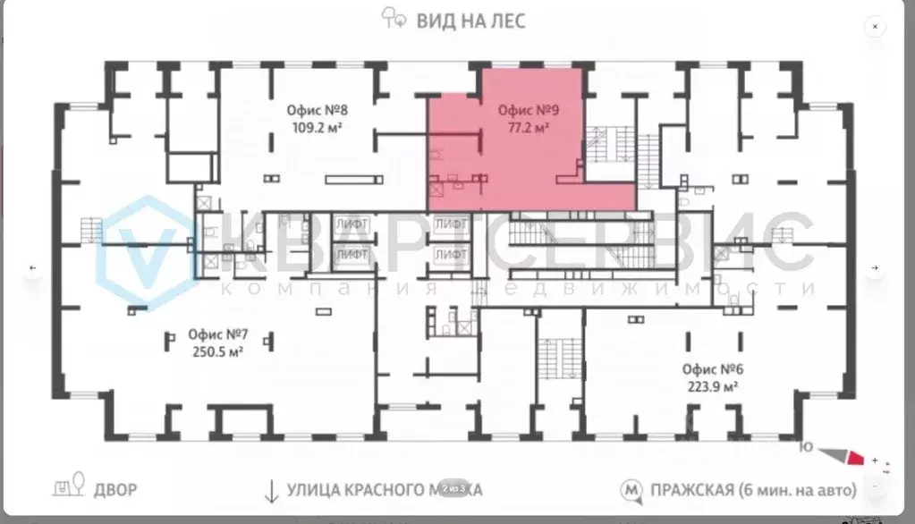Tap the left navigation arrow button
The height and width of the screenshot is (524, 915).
click(x=33, y=267)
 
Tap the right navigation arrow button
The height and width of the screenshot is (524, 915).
click(x=875, y=267)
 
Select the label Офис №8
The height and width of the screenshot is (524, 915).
click(x=317, y=112)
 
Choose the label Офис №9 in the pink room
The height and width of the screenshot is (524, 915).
click(x=528, y=112)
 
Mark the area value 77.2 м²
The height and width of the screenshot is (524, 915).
click(x=528, y=128)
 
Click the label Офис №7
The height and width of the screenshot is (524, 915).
click(x=217, y=335)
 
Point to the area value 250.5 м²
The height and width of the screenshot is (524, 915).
click(x=217, y=351)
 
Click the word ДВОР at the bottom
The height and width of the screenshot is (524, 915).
click(x=116, y=490)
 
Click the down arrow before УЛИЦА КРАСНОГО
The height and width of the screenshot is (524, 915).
click(x=269, y=490)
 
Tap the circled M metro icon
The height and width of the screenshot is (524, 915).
click(x=632, y=490)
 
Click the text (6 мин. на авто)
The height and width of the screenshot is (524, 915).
click(x=798, y=490)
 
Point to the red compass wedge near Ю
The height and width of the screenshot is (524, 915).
click(x=855, y=458)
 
